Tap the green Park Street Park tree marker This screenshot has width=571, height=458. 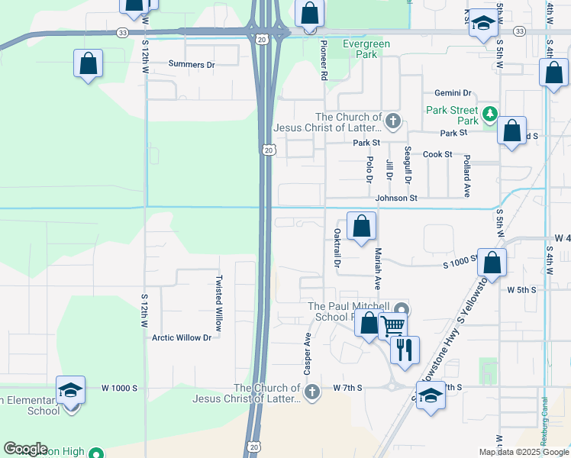tap(489, 116)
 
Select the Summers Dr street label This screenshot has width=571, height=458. tap(192, 65)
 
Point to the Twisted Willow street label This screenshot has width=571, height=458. tap(219, 303)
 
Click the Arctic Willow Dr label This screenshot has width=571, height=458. tap(181, 337)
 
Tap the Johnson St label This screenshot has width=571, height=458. tap(396, 198)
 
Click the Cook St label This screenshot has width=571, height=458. tap(437, 154)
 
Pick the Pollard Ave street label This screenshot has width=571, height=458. tap(466, 176)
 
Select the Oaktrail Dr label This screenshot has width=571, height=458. tap(337, 247)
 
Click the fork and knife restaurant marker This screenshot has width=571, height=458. tap(405, 350)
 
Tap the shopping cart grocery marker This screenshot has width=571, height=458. tap(392, 326)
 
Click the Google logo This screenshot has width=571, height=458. tap(25, 449)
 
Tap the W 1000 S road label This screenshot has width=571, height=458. tap(119, 388)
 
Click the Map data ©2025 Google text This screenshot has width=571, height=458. tap(523, 452)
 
